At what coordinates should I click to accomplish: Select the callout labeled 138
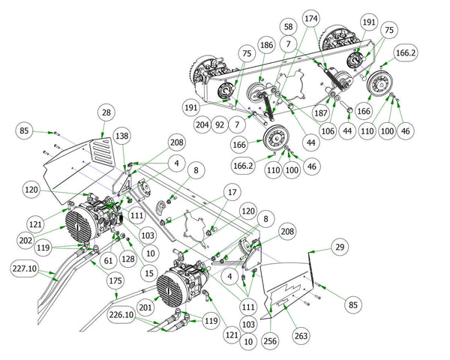[x=121, y=134]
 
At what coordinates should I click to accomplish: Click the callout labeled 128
[x=128, y=257]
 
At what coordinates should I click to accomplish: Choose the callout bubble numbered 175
[x=114, y=280]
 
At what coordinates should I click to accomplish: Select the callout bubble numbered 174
[x=310, y=16]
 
